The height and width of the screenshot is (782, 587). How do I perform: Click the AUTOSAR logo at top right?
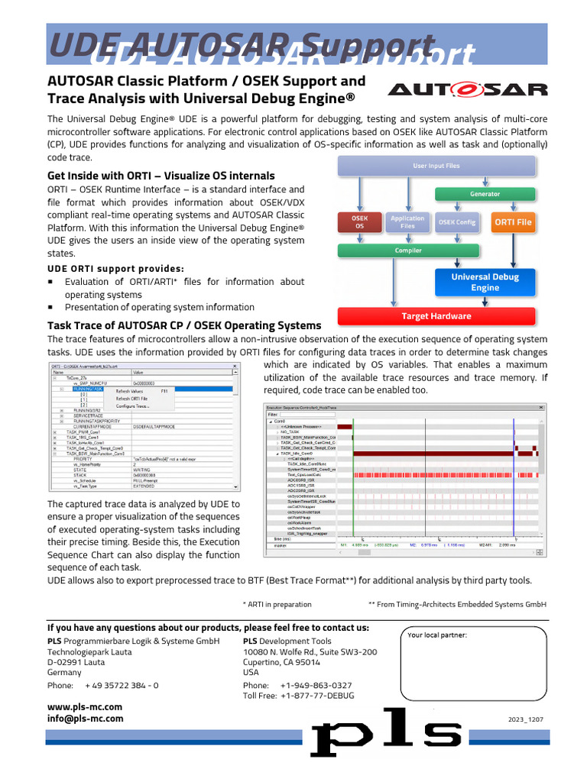click(x=467, y=89)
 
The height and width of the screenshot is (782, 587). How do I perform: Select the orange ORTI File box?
click(x=512, y=222)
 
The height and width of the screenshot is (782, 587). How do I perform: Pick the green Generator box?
click(x=474, y=194)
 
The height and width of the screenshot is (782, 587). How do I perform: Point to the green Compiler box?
click(x=407, y=250)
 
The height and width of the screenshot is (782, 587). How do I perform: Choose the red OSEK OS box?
click(x=358, y=222)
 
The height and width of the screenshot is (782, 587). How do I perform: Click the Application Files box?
click(x=407, y=222)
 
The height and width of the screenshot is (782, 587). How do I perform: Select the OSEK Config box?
click(x=457, y=222)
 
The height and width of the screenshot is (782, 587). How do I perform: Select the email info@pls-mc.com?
click(x=85, y=719)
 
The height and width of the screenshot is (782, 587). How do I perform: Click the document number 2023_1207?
click(x=526, y=719)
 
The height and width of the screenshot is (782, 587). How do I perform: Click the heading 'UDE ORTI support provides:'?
click(x=115, y=269)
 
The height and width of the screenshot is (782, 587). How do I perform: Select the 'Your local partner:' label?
click(x=437, y=635)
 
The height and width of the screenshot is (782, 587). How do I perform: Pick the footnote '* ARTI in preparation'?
click(x=277, y=603)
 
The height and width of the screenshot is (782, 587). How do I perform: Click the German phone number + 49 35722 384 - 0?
click(x=122, y=686)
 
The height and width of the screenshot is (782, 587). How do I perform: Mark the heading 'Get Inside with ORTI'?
click(x=161, y=176)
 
